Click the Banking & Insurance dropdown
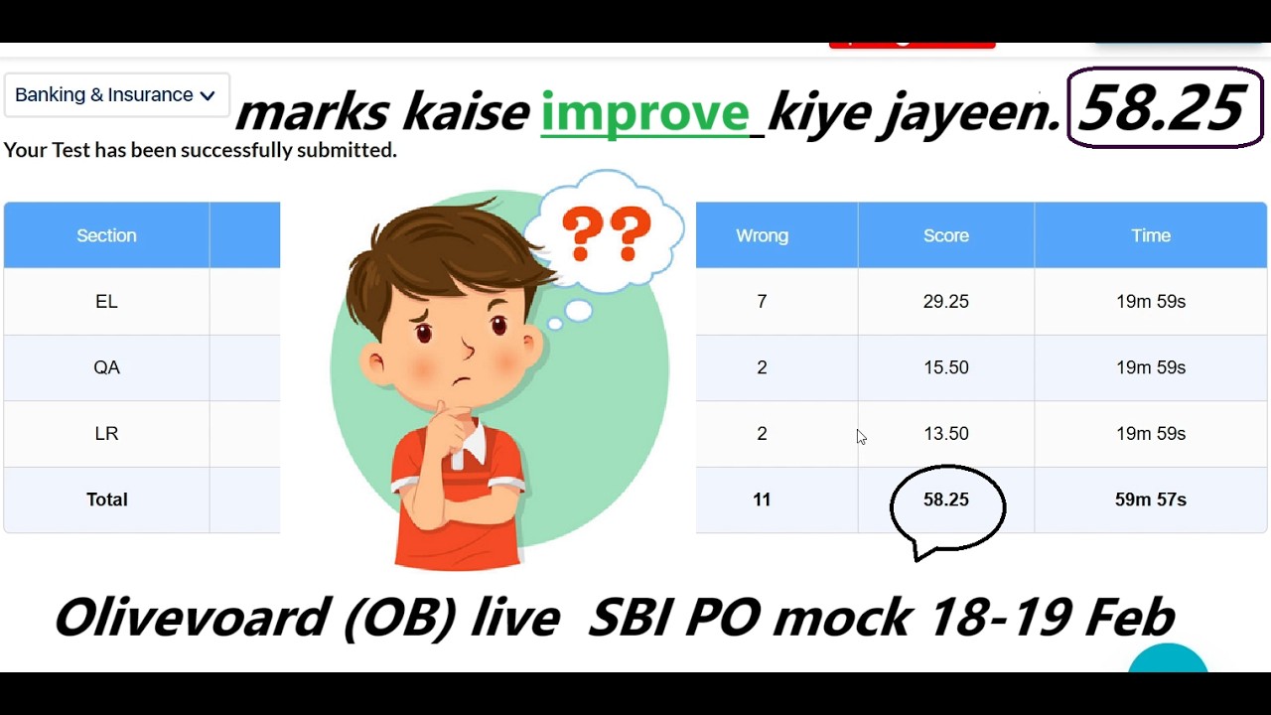click(x=115, y=95)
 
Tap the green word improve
click(x=644, y=112)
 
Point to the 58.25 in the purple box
click(x=1163, y=108)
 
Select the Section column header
click(x=106, y=235)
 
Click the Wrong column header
click(x=762, y=235)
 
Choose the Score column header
click(x=945, y=235)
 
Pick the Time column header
click(x=1150, y=235)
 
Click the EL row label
click(x=106, y=302)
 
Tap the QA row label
click(x=106, y=367)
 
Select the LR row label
click(x=106, y=434)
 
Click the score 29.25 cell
click(x=945, y=302)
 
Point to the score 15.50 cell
click(x=945, y=367)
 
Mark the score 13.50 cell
click(x=945, y=434)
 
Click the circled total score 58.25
click(x=945, y=500)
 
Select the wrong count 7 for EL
click(x=762, y=302)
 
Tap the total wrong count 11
click(x=762, y=500)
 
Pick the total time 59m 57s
click(x=1150, y=500)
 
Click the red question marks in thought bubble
click(x=606, y=233)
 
